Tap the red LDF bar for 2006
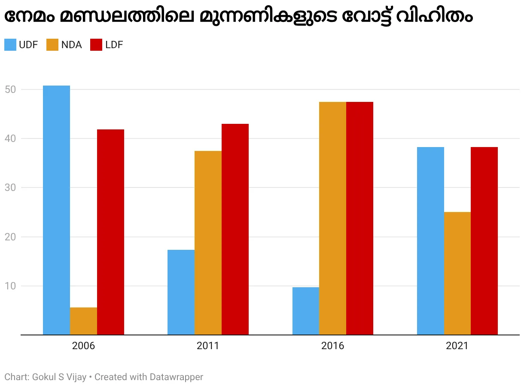click(110, 232)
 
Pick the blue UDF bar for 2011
click(181, 292)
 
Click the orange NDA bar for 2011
click(208, 243)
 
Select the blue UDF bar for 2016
click(305, 311)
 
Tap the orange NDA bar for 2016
click(332, 218)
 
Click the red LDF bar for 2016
click(359, 218)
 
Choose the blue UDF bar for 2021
click(430, 241)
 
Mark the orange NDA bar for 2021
click(457, 273)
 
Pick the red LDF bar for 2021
click(484, 241)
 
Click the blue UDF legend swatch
click(10, 45)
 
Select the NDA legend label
click(71, 45)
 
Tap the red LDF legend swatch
click(96, 45)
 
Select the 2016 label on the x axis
click(332, 346)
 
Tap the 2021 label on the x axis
click(457, 346)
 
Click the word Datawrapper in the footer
click(176, 377)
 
